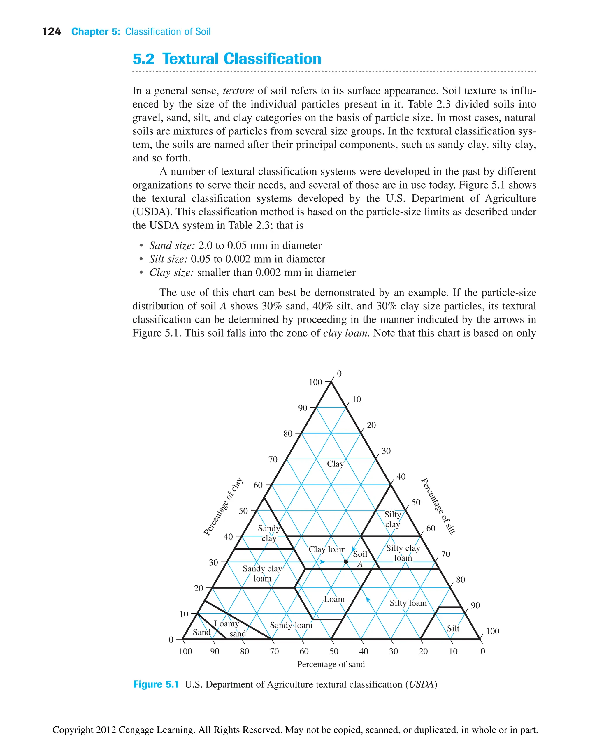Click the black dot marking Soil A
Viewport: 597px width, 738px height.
coord(346,562)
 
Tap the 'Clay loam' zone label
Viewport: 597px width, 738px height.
coord(327,549)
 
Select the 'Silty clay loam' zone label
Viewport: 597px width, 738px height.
coord(403,553)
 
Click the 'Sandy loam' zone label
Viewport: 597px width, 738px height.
coord(291,625)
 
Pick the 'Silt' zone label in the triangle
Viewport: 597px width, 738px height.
coord(453,628)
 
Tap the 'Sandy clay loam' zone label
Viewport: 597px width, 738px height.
coord(262,573)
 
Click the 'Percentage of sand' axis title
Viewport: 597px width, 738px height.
coord(331,664)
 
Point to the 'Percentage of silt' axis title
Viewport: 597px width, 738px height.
coord(438,505)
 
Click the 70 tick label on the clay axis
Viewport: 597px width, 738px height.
coord(273,459)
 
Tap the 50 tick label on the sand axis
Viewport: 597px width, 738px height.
coord(333,651)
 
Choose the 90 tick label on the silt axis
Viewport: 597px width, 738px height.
coord(475,605)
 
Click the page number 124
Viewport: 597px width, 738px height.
coord(51,32)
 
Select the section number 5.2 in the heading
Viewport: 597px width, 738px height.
coord(143,59)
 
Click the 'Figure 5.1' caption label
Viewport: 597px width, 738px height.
coord(156,684)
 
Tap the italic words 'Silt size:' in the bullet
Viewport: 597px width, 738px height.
coord(168,259)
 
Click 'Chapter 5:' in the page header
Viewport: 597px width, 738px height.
coord(96,32)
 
